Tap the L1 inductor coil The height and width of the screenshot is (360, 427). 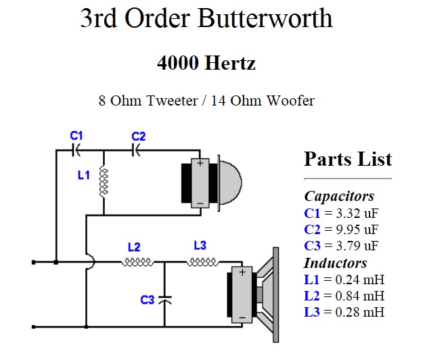[104, 182]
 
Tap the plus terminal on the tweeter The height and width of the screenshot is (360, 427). [200, 164]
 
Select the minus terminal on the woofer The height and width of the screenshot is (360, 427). [242, 314]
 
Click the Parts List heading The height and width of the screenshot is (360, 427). [348, 159]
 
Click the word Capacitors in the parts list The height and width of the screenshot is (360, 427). [339, 196]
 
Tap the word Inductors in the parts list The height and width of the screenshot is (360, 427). [336, 263]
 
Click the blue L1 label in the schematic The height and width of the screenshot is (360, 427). [83, 175]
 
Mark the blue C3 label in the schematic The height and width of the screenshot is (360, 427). [147, 299]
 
